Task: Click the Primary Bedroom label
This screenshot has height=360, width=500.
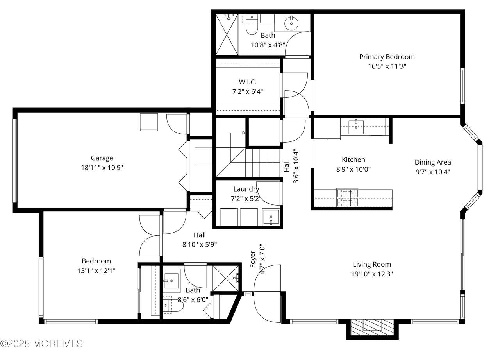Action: pyautogui.click(x=387, y=57)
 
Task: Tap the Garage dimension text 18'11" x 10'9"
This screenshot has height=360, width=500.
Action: pyautogui.click(x=102, y=168)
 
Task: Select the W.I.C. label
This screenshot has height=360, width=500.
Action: pyautogui.click(x=248, y=82)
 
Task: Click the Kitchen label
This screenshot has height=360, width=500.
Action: pyautogui.click(x=354, y=160)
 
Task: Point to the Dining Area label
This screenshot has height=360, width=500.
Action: pyautogui.click(x=433, y=162)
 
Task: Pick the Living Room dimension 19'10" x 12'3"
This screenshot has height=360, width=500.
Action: pyautogui.click(x=372, y=274)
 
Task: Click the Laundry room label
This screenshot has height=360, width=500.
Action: pyautogui.click(x=246, y=189)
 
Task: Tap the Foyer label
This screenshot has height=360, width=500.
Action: pyautogui.click(x=252, y=259)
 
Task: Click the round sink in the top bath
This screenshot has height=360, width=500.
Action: pyautogui.click(x=291, y=23)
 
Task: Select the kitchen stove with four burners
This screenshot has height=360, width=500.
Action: pyautogui.click(x=348, y=197)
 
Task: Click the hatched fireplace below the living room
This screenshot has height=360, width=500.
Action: pyautogui.click(x=372, y=328)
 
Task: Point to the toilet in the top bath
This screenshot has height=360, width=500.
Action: pyautogui.click(x=252, y=25)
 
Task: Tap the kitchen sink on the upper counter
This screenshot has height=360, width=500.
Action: pyautogui.click(x=356, y=127)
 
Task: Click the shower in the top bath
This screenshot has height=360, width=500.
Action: pyautogui.click(x=227, y=35)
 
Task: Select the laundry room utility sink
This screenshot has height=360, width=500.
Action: pyautogui.click(x=271, y=217)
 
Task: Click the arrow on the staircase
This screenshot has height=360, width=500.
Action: pyautogui.click(x=238, y=133)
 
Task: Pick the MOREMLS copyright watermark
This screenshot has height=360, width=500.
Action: pyautogui.click(x=41, y=344)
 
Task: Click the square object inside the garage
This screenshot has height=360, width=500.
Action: pyautogui.click(x=149, y=122)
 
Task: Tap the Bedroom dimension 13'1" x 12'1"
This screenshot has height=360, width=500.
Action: pyautogui.click(x=96, y=271)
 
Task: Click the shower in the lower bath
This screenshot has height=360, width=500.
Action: pyautogui.click(x=226, y=278)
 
